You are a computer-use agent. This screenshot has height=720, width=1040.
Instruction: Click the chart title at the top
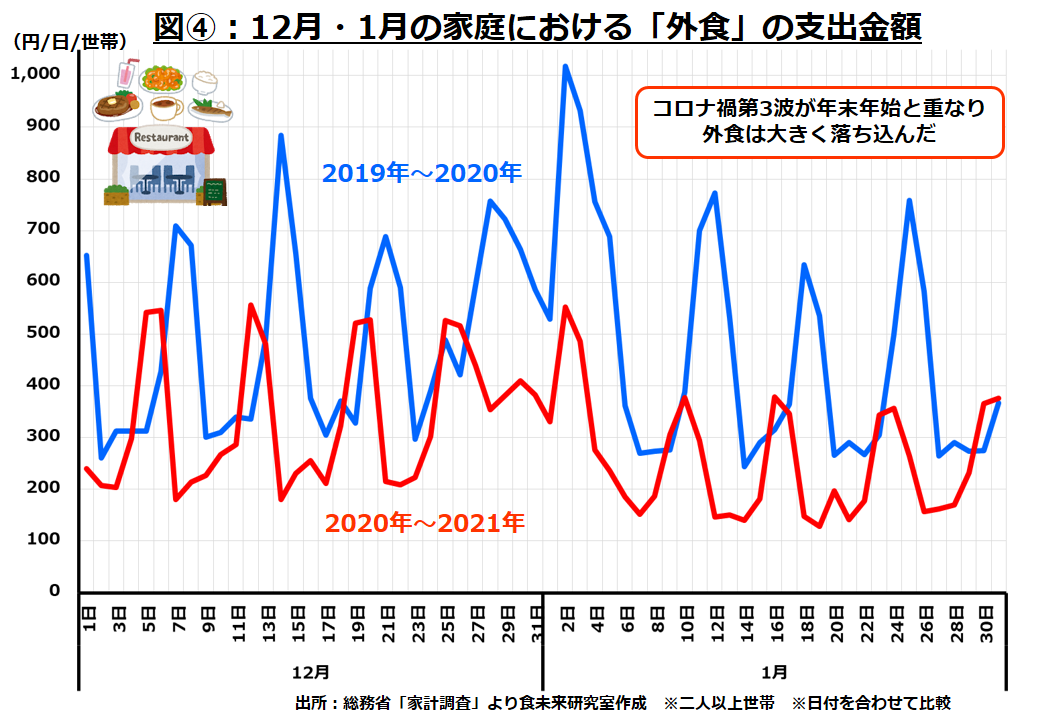[537, 24]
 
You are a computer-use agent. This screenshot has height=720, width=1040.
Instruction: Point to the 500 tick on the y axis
[45, 332]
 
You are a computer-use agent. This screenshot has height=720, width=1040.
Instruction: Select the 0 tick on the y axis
[56, 590]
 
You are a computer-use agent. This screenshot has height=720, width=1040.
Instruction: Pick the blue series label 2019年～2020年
[422, 172]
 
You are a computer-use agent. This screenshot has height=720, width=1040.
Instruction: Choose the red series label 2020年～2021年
[424, 521]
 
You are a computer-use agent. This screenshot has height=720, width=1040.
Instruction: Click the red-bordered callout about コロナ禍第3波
[819, 121]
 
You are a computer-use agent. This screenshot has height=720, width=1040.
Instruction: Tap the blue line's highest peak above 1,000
[565, 67]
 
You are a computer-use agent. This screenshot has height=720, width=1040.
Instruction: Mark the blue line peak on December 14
[281, 135]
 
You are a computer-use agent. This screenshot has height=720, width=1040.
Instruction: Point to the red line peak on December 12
[251, 305]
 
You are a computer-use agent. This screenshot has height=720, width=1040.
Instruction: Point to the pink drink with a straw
[127, 76]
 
